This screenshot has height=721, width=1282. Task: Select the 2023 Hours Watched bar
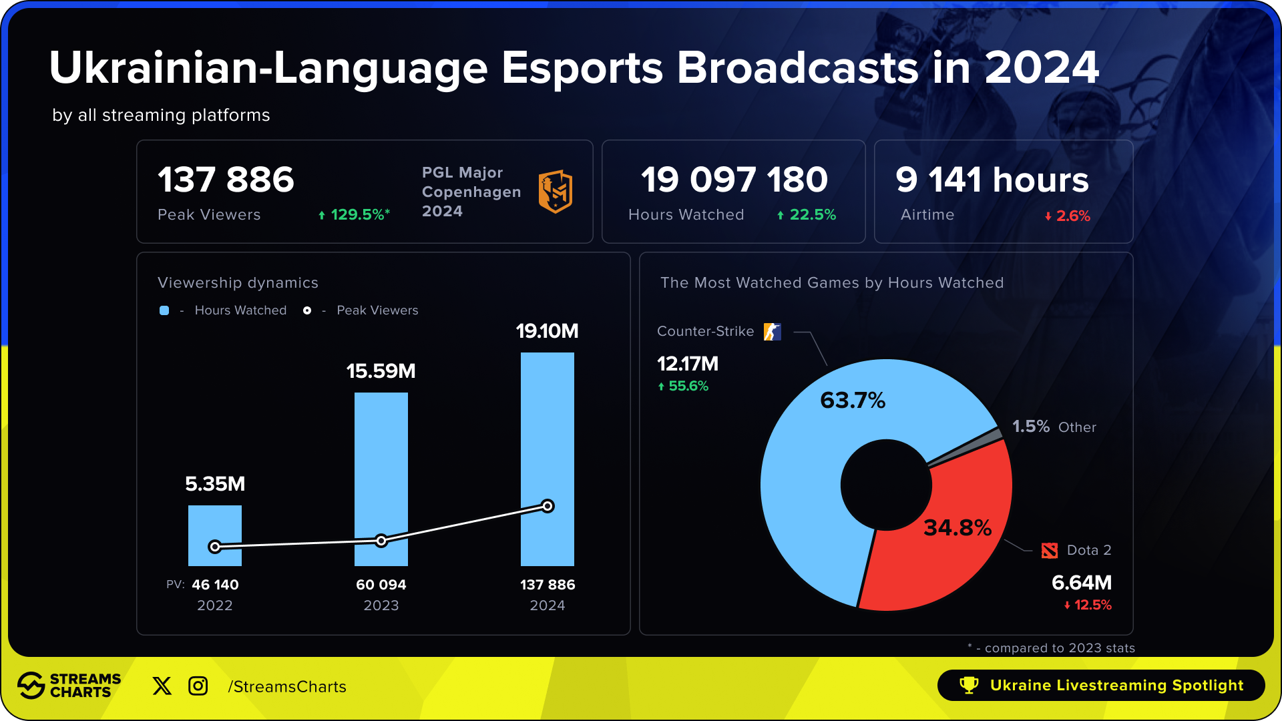381,467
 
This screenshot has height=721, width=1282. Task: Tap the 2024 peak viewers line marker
548,506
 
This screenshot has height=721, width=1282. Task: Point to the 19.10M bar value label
547,331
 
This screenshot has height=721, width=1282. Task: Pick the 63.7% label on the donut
853,401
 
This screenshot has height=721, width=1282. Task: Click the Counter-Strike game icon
773,332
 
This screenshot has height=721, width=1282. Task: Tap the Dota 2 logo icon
1050,551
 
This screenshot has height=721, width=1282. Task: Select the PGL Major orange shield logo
556,192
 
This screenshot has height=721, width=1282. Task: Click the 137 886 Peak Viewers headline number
226,180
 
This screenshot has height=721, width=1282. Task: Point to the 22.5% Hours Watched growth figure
812,215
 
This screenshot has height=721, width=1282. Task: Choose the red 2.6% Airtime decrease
1072,216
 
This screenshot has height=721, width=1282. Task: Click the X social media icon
162,686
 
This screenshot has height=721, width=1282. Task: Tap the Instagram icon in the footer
198,686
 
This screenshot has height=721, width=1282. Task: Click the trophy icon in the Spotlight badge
968,685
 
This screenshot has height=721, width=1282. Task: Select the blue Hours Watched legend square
164,310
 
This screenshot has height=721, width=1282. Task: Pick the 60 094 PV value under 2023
381,585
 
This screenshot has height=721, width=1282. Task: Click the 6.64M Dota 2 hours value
1082,583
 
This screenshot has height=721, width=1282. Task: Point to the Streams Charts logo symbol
31,686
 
